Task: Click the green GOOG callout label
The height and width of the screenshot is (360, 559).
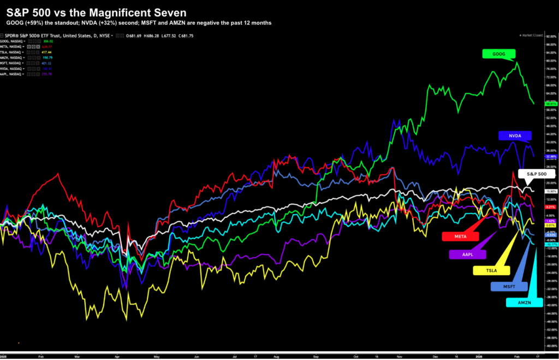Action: pyautogui.click(x=498, y=54)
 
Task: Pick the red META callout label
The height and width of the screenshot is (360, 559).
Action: pyautogui.click(x=460, y=236)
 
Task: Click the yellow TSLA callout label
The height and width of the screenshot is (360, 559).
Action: pyautogui.click(x=491, y=270)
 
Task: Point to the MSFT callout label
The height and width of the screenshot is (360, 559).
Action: pyautogui.click(x=509, y=286)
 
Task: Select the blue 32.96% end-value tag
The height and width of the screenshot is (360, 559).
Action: pyautogui.click(x=550, y=156)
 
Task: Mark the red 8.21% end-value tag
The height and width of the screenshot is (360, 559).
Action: pyautogui.click(x=550, y=208)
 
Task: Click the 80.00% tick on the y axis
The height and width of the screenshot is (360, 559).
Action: pyautogui.click(x=550, y=61)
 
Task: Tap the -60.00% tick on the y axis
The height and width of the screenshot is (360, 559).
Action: pyautogui.click(x=550, y=346)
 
